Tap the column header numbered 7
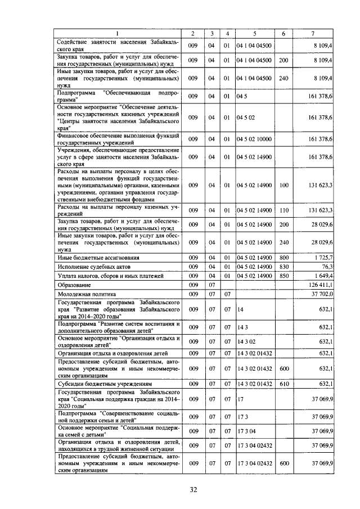312,33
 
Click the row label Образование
73,285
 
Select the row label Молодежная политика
86,294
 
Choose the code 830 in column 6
283,266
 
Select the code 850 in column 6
283,276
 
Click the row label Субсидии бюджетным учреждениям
98,384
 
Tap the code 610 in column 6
283,384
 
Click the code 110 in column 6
283,210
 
